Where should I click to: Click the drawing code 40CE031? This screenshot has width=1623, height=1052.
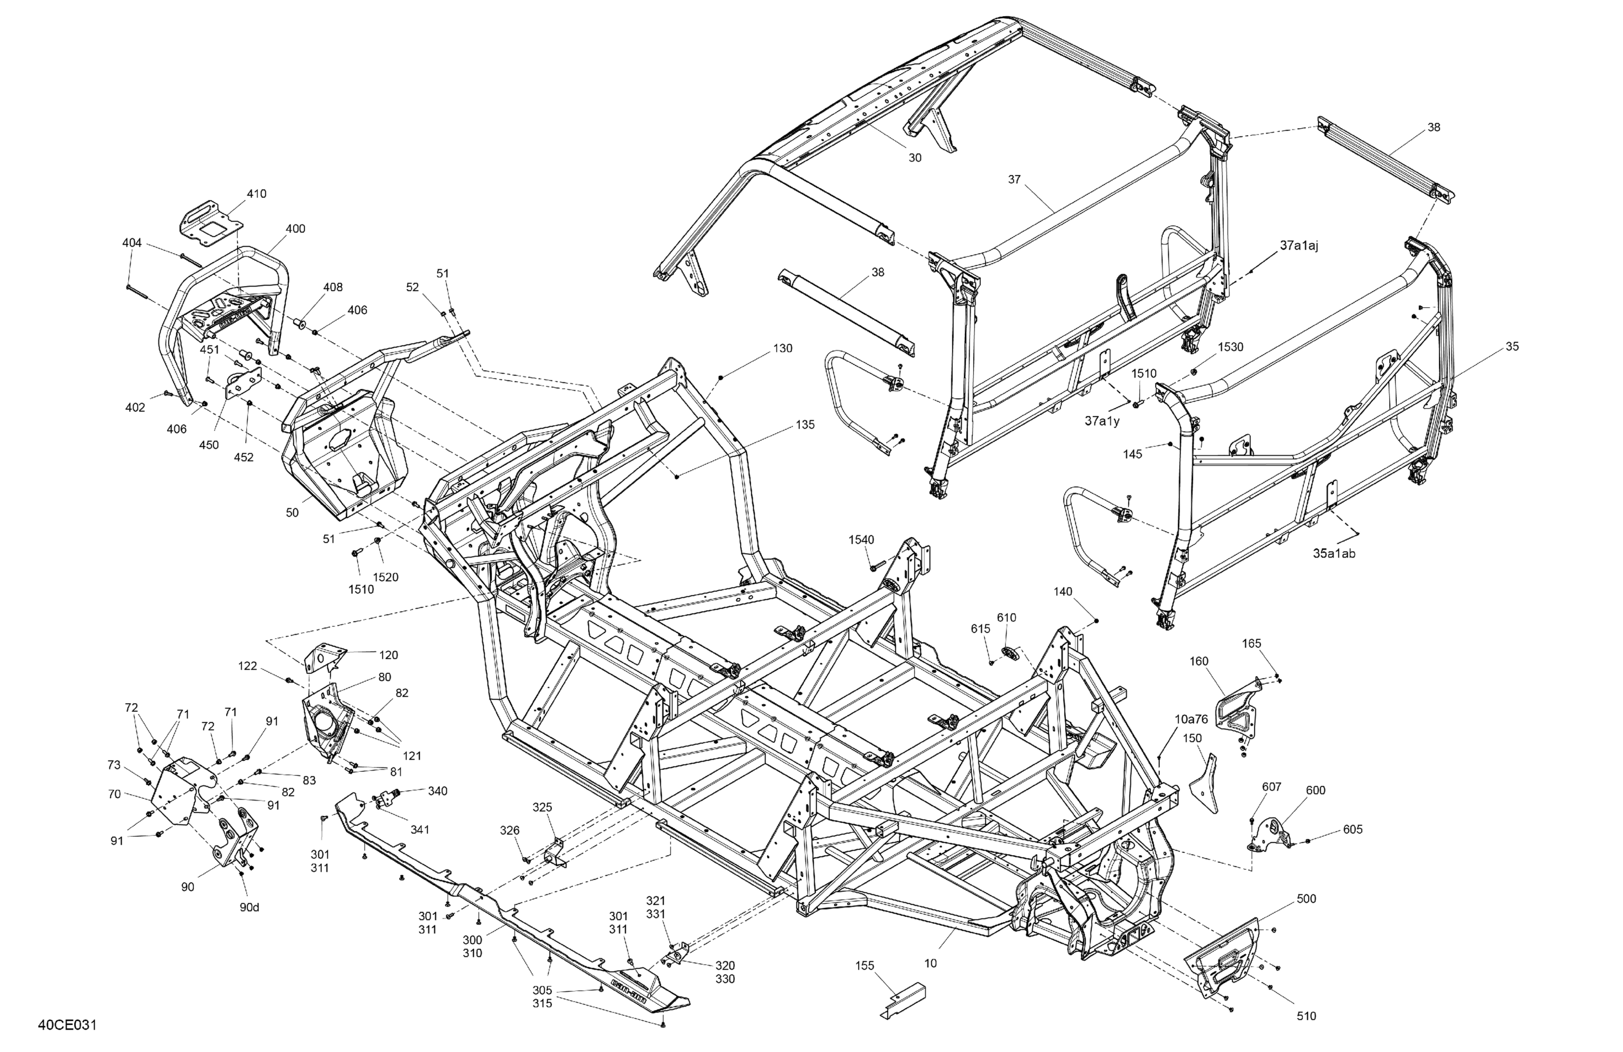(68, 1025)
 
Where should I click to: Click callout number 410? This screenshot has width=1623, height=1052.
(256, 194)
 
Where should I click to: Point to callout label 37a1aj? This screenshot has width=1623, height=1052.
(1298, 246)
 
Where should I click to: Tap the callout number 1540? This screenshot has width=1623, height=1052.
(861, 540)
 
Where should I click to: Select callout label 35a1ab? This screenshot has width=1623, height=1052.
(1334, 554)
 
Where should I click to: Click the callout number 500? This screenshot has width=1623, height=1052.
(1306, 898)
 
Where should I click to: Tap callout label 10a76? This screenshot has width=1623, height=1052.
(1191, 719)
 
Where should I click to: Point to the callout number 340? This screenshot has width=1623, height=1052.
(437, 791)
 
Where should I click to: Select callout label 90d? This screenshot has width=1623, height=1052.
(249, 908)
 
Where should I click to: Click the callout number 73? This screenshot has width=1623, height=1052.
(114, 765)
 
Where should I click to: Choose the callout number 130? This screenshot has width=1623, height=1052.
(783, 348)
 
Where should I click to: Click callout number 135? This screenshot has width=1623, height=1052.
(804, 425)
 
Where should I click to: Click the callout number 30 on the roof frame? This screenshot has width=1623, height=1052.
(914, 157)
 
